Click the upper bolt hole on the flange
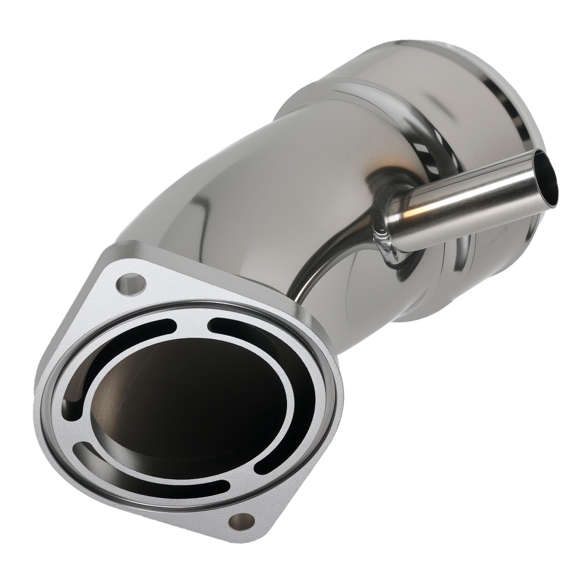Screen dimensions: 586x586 coord(131,285)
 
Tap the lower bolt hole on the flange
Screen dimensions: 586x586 coord(241,520)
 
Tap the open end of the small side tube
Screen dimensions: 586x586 coord(548,182)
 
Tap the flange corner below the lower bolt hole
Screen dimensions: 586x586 coord(246,536)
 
